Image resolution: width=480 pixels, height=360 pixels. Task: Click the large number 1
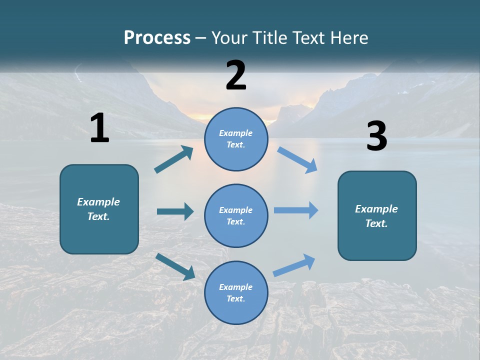coord(99,128)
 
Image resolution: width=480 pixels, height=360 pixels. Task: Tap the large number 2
coord(236,75)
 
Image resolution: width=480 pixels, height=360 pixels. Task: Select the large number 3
coord(376,136)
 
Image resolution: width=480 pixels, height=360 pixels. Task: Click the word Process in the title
coord(157,37)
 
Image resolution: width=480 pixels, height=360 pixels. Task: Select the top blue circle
coord(236,139)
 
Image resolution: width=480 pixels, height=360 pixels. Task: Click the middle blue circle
coord(236,215)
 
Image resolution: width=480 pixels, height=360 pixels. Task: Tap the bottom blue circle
coord(236,292)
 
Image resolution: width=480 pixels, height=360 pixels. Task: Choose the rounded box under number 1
coord(99,209)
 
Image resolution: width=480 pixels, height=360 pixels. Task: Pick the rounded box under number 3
coord(377,215)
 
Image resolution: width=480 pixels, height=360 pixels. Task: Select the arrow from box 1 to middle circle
coord(175,211)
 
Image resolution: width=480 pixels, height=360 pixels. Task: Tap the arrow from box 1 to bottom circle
coord(175,266)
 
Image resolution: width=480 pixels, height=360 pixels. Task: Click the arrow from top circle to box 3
coord(297,159)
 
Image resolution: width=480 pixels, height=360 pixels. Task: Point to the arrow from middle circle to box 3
coord(296,210)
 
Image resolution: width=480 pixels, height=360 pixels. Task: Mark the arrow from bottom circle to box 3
coord(294,265)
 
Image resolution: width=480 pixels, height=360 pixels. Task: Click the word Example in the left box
coord(98,202)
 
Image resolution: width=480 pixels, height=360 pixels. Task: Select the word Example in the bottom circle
coord(236,287)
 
